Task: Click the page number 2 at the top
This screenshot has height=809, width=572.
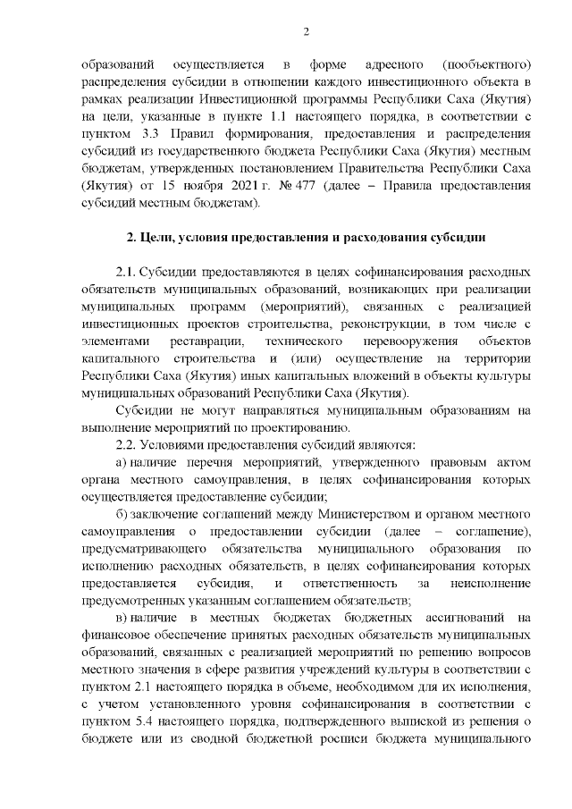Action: pyautogui.click(x=306, y=33)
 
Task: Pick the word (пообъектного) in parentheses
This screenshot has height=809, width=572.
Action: pyautogui.click(x=487, y=65)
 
